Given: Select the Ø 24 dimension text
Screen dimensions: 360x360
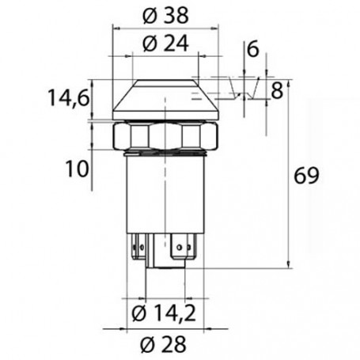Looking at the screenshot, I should (164, 45).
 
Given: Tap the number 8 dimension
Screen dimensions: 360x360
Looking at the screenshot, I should (276, 90).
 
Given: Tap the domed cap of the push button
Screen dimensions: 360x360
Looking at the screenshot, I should (164, 101).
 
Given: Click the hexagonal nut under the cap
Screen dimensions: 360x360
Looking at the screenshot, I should (164, 135).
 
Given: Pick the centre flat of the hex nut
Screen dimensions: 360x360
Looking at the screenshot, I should (164, 136).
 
